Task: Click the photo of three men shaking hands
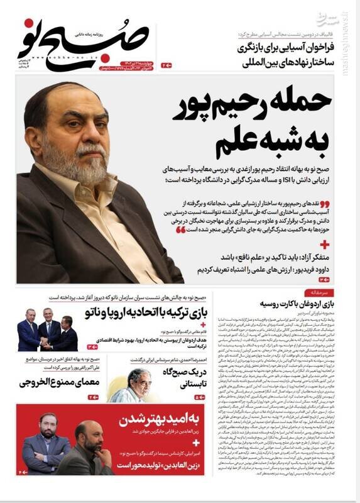(x=47, y=331)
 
